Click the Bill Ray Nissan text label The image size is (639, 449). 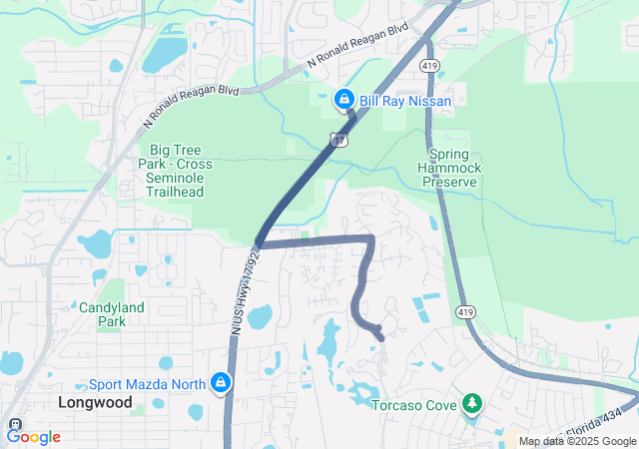coord(405,101)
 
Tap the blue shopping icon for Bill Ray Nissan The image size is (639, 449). coord(343,100)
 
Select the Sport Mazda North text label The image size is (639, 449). coord(146,383)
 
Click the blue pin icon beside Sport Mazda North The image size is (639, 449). coord(221,382)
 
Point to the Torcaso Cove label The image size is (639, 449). coord(412,405)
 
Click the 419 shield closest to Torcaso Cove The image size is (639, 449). coord(466,312)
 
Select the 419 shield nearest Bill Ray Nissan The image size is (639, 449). coord(426,64)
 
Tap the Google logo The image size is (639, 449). coord(33,436)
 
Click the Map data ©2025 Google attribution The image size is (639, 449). coord(576,441)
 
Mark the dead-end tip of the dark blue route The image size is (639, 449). coord(381,337)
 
